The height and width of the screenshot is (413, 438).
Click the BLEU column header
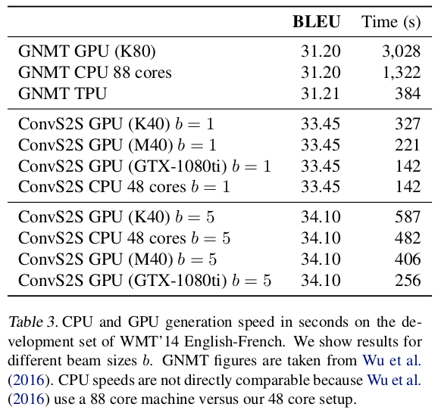point(316,21)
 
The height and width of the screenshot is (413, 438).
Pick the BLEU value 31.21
point(321,93)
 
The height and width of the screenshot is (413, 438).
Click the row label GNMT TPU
point(62,93)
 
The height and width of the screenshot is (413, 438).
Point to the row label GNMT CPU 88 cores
point(95,73)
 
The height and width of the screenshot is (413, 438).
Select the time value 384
point(408,93)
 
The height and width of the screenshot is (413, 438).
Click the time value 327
point(408,124)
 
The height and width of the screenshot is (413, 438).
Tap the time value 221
point(408,144)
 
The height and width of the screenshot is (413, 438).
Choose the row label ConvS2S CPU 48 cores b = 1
point(124,186)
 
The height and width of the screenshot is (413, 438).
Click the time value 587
point(408,217)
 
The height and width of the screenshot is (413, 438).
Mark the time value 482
point(408,238)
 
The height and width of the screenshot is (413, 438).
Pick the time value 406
point(408,259)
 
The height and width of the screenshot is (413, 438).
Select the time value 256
point(408,280)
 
